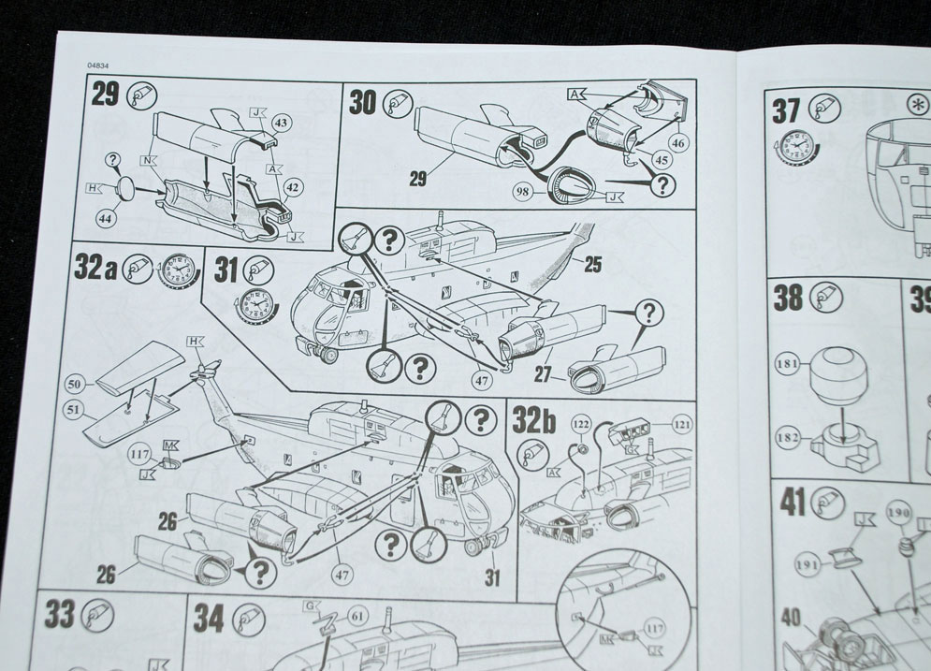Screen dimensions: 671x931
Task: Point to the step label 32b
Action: [533, 421]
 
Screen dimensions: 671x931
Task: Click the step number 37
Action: [786, 110]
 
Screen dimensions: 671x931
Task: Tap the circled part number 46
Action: [676, 142]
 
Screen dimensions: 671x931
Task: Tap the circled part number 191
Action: [807, 565]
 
